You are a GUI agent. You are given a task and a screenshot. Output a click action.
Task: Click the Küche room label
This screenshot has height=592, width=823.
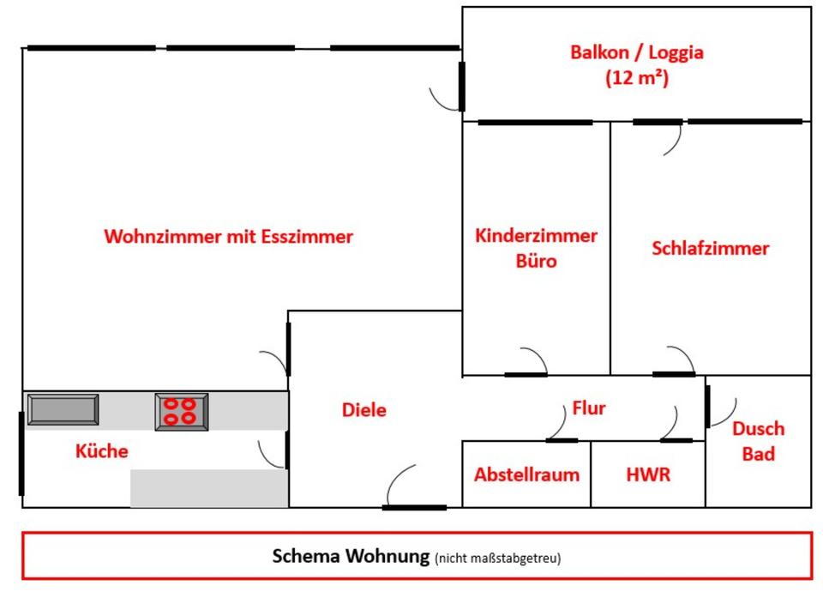(x=101, y=450)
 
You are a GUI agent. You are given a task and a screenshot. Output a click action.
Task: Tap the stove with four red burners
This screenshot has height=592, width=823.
(x=181, y=411)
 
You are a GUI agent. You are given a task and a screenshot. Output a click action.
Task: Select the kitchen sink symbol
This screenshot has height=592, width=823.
(x=63, y=409)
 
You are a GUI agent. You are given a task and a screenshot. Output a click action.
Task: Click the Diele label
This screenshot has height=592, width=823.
(x=363, y=410)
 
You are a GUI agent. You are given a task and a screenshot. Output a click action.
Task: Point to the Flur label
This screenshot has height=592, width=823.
(x=589, y=408)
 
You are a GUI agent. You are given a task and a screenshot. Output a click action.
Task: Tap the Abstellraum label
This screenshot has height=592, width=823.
(x=526, y=474)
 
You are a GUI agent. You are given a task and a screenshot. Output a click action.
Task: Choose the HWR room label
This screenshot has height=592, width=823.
(x=648, y=474)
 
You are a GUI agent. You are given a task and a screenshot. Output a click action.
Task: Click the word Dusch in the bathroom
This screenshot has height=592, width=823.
(x=758, y=429)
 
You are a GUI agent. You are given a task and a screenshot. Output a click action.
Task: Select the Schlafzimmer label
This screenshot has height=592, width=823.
(x=710, y=249)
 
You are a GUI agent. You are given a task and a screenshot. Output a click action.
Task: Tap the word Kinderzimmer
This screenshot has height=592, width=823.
(x=537, y=236)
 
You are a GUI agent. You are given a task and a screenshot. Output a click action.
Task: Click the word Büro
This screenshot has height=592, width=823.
(x=536, y=261)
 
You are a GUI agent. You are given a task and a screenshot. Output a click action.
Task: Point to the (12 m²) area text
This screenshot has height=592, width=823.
(x=637, y=77)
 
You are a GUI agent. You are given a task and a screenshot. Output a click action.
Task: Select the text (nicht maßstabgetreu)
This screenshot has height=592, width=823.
(x=497, y=559)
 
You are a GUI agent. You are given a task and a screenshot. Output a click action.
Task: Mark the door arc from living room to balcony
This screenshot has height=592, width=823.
(x=444, y=99)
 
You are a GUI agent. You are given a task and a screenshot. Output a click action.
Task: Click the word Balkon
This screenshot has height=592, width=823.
(x=598, y=52)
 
